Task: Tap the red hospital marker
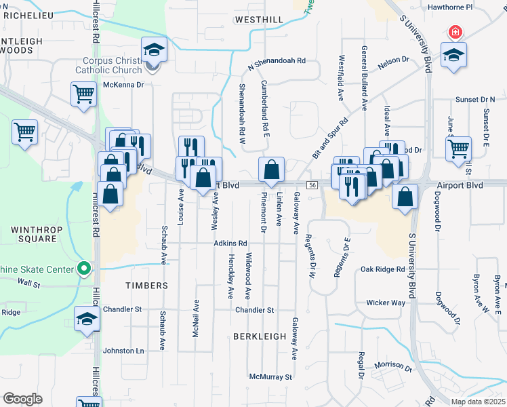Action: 455,32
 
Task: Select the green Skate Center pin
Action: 83,269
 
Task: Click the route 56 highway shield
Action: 312,185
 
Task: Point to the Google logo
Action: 22,399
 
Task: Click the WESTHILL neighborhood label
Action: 259,20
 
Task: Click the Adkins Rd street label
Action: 230,243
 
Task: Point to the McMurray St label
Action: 270,376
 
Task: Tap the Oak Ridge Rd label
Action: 382,269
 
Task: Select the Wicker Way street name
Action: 386,303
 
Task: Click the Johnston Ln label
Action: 123,351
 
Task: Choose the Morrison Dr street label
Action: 393,366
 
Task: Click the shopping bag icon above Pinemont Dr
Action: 271,170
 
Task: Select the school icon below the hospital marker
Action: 453,55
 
